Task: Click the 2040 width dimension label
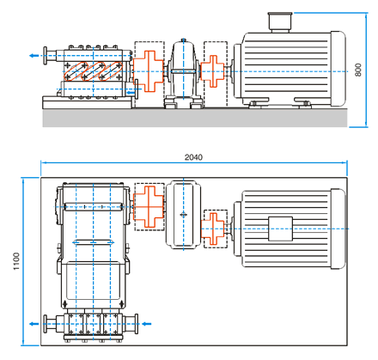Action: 193,157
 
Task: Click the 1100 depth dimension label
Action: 16,261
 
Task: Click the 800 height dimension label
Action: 358,70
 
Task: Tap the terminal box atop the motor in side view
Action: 280,21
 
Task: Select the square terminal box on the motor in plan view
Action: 280,229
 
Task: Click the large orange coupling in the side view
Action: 149,71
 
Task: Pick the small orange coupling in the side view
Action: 213,71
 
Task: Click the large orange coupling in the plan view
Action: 149,206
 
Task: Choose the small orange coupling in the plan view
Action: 213,229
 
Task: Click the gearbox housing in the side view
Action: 184,74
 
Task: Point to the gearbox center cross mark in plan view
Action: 184,215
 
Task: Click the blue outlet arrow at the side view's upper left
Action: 34,55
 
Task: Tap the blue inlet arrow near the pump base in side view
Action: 131,93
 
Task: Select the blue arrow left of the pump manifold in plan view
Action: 34,324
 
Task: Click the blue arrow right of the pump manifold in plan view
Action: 147,324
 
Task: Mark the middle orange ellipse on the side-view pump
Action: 94,71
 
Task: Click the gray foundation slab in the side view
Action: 195,118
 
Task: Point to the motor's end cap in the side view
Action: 338,69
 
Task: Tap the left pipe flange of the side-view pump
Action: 46,56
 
